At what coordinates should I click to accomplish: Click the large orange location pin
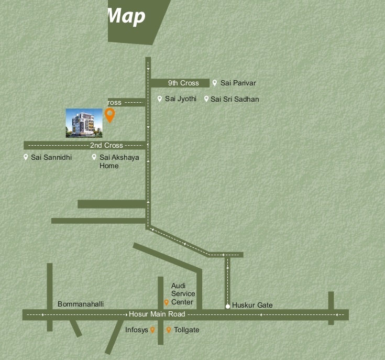pos(109,115)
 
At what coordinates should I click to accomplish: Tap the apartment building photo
pos(84,123)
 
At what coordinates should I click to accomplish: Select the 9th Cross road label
pos(183,83)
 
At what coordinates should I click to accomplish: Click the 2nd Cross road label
pos(106,145)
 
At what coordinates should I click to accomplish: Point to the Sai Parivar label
pos(238,83)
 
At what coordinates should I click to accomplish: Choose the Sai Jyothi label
pos(180,99)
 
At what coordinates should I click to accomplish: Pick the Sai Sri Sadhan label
pos(235,99)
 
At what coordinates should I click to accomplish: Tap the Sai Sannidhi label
pos(51,157)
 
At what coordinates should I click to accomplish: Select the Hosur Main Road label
pos(157,314)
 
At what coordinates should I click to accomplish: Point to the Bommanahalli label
pos(81,304)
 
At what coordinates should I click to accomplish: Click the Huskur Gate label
pos(252,305)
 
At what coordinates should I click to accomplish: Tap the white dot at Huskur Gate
pos(228,307)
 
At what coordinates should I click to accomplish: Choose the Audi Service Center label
pos(183,294)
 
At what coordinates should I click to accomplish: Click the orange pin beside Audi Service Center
pos(167,302)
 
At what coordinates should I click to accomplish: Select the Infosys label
pos(136,330)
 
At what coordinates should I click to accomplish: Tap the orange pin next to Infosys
pos(152,330)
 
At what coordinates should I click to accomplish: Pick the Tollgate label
pos(186,330)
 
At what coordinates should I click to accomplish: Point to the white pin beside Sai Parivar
pos(215,83)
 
